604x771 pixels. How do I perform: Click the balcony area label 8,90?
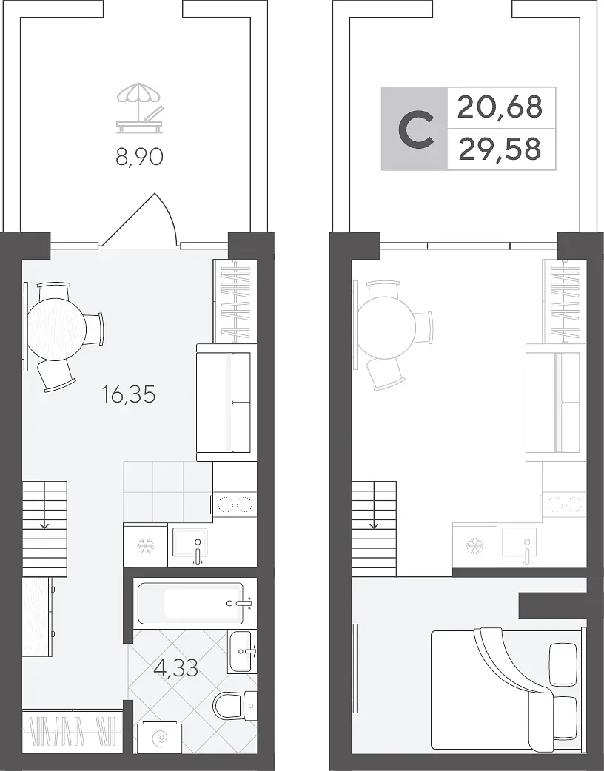[x=139, y=158]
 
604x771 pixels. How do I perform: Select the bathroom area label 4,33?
[x=175, y=668]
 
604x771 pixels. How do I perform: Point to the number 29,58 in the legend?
[x=499, y=149]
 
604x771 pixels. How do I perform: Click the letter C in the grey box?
[x=415, y=129]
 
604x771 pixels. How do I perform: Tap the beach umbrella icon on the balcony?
[x=138, y=108]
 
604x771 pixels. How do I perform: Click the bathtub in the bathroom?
[x=195, y=603]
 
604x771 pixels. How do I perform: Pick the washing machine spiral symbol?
[x=159, y=738]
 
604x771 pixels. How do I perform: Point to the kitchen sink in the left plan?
[x=189, y=545]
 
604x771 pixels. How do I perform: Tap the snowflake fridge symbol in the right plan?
[x=474, y=545]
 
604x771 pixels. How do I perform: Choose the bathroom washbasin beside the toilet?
[x=243, y=652]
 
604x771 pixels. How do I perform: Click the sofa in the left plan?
[x=226, y=403]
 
